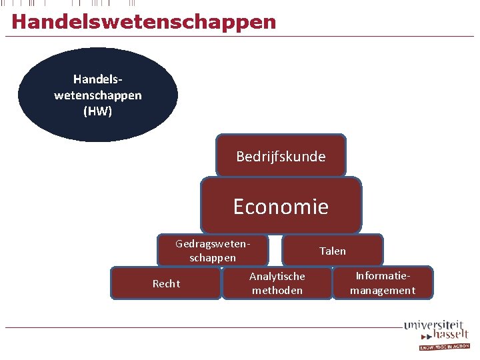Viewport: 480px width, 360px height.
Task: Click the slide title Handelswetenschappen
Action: [x=143, y=21]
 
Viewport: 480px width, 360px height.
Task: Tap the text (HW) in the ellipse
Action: [x=98, y=111]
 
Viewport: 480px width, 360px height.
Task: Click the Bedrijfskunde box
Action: [x=281, y=156]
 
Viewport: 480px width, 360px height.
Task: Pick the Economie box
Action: [x=281, y=206]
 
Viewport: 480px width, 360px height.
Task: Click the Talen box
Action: [x=333, y=251]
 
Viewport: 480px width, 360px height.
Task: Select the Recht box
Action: [x=166, y=283]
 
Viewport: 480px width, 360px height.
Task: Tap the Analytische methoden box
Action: [x=277, y=283]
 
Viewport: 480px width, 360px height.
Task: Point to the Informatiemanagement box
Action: [x=383, y=283]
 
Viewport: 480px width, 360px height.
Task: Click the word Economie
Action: [x=281, y=207]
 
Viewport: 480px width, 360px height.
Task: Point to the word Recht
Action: [x=166, y=284]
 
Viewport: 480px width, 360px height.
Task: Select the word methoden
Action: [x=277, y=291]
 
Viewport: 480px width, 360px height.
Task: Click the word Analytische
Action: [x=277, y=276]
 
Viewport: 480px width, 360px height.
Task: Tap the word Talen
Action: [x=333, y=251]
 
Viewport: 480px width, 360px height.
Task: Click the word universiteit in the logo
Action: [x=433, y=325]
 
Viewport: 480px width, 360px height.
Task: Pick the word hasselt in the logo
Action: [x=450, y=335]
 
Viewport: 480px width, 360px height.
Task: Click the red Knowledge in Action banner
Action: [x=444, y=347]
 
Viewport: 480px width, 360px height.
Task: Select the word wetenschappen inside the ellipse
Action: [x=98, y=95]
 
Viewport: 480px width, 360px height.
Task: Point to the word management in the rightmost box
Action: [x=383, y=291]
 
